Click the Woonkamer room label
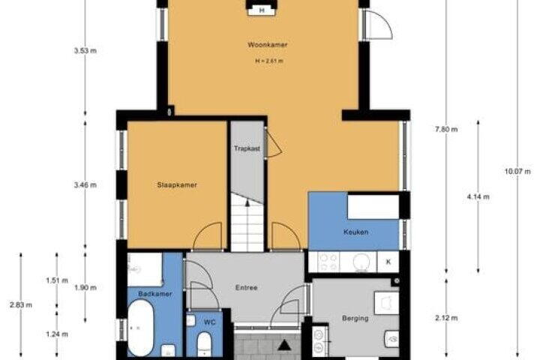[x=267, y=45]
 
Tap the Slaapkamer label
[x=177, y=185]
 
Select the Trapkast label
[x=247, y=148]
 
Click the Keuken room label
[x=355, y=232]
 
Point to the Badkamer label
[x=155, y=294]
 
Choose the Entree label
[x=246, y=288]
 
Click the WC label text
[x=209, y=322]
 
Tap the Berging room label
[x=355, y=318]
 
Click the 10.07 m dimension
[x=517, y=171]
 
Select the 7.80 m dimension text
[x=446, y=130]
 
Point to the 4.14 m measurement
[x=478, y=197]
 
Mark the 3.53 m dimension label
[x=85, y=51]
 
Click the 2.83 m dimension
[x=21, y=305]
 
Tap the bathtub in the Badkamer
[x=141, y=328]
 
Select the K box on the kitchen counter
[x=388, y=262]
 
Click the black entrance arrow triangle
[x=284, y=345]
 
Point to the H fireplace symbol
[x=262, y=10]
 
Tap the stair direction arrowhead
[x=247, y=202]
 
